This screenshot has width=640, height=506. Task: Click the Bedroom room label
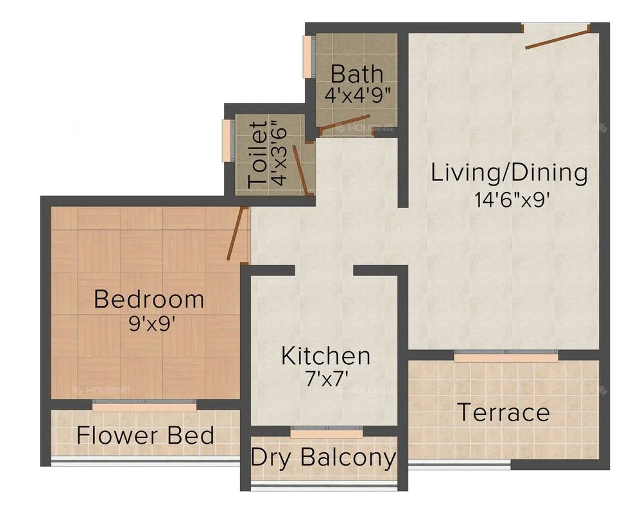[149, 299]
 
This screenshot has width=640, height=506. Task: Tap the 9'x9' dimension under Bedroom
[152, 323]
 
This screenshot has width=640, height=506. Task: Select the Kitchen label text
[325, 356]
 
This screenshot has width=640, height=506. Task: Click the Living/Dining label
[509, 173]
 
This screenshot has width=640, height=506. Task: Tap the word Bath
[357, 74]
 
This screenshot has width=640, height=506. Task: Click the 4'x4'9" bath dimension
[358, 96]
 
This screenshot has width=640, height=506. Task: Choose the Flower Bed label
[145, 435]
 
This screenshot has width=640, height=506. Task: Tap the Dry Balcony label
[323, 458]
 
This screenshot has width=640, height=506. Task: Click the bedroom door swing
[238, 232]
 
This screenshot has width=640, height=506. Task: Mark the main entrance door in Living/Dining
[556, 37]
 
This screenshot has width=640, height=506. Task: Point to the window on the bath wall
[307, 57]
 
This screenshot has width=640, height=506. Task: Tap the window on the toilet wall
[226, 140]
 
